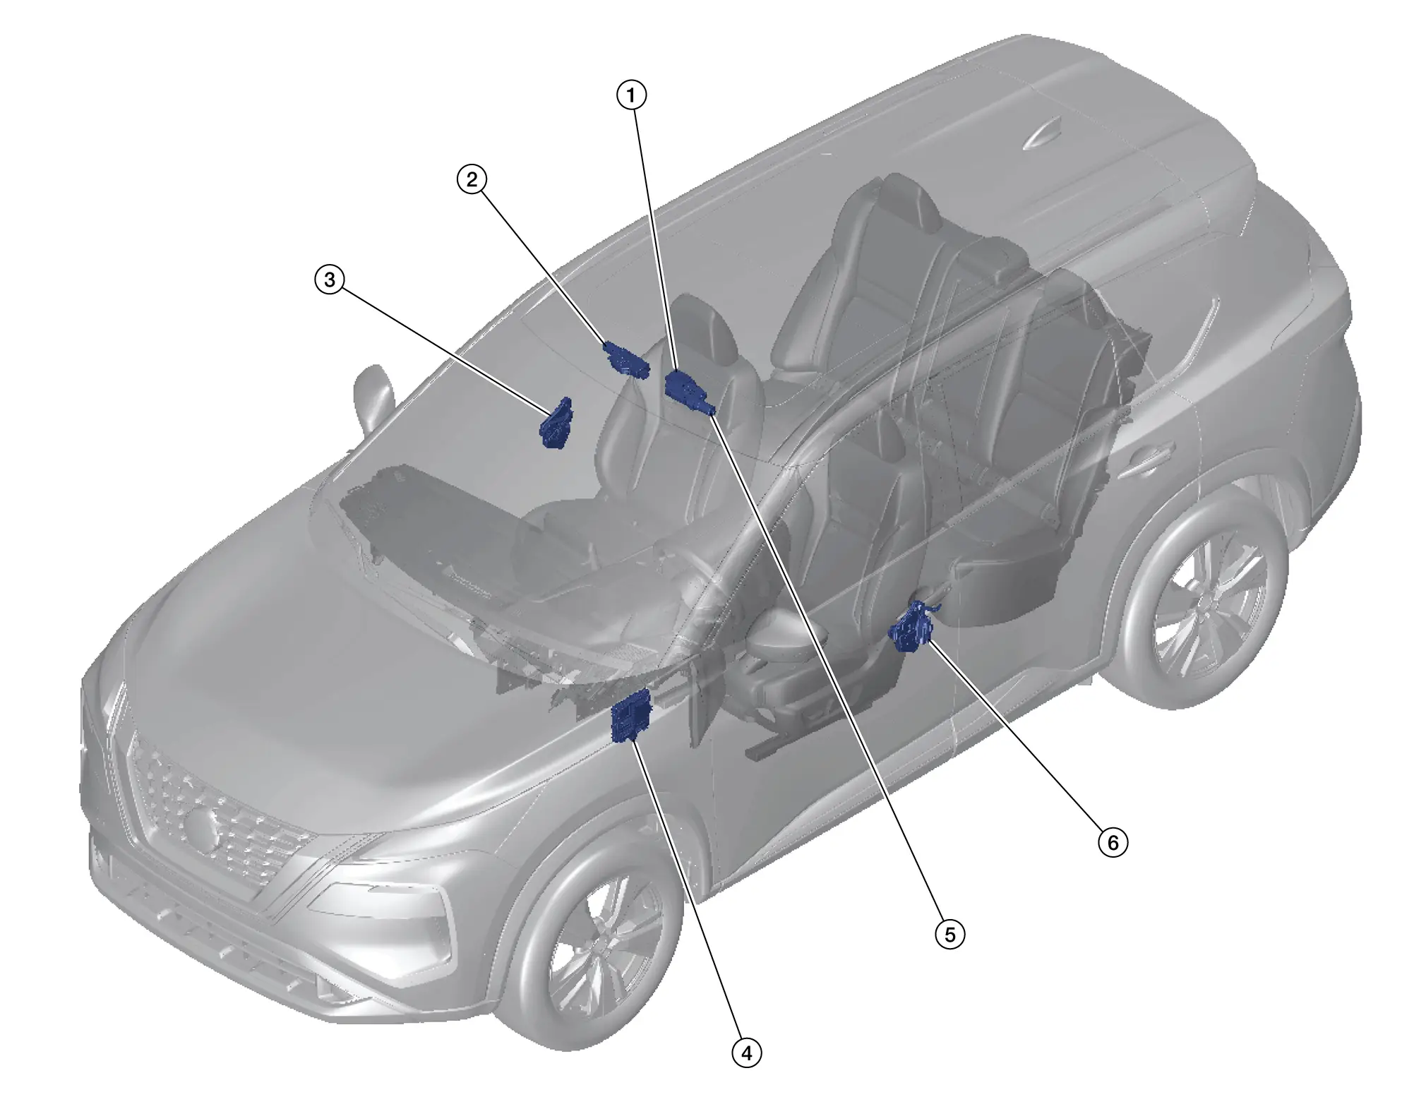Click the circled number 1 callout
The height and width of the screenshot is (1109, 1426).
pyautogui.click(x=631, y=95)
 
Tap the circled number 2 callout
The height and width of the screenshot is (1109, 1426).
pyautogui.click(x=472, y=179)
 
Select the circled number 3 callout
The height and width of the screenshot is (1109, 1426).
pyautogui.click(x=330, y=280)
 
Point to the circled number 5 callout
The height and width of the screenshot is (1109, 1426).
pyautogui.click(x=950, y=935)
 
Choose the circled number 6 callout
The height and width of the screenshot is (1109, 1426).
pyautogui.click(x=1113, y=842)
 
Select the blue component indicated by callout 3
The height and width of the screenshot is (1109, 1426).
pyautogui.click(x=556, y=423)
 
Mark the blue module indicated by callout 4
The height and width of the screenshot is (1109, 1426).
pyautogui.click(x=630, y=716)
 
